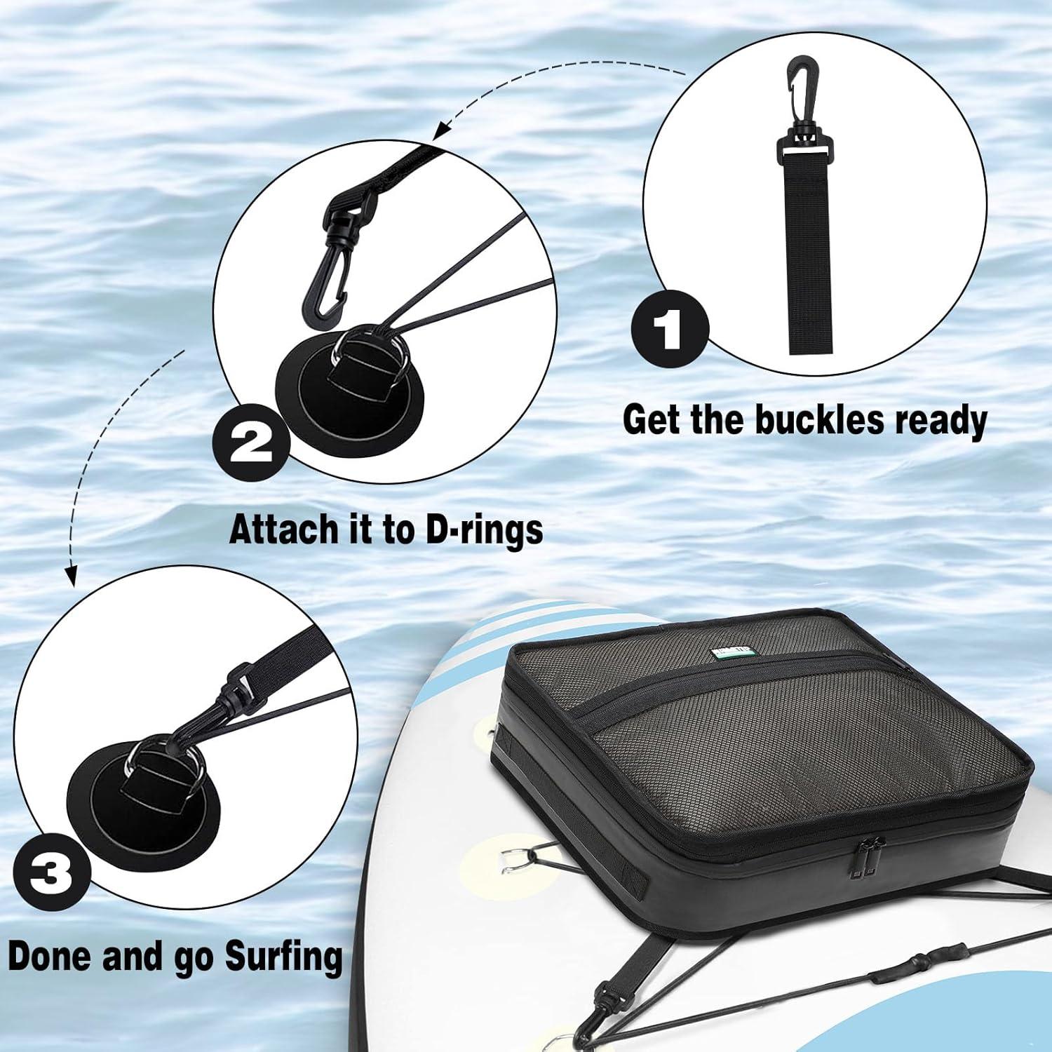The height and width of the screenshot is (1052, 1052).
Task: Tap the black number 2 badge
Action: click(251, 446)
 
